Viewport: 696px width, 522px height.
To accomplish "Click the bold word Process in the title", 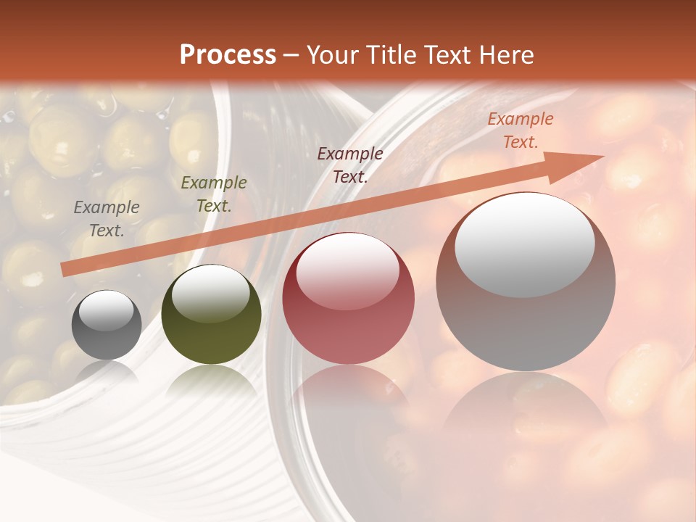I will (228, 55).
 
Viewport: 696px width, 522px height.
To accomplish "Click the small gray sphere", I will (107, 325).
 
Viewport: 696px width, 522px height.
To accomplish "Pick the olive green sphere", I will (211, 315).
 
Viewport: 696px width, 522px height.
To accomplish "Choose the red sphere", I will (348, 298).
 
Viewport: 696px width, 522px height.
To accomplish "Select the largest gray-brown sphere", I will (526, 281).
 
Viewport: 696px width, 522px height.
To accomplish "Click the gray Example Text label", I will (107, 219).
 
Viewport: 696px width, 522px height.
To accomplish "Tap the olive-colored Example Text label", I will (213, 194).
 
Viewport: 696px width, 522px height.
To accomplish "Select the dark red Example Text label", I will (350, 165).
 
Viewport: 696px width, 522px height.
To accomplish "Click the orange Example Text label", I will (520, 130).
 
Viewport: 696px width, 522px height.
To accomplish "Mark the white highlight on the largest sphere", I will (525, 245).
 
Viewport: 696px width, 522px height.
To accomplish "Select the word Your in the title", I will (332, 55).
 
